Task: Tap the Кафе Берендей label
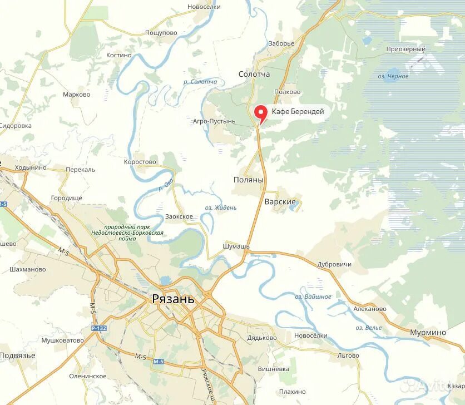[x=298, y=112]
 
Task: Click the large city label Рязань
[x=174, y=299]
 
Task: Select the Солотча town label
[x=254, y=74]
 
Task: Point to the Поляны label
[x=248, y=180]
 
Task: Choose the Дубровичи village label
[x=334, y=264]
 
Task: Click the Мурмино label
[x=428, y=332]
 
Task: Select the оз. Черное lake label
[x=393, y=76]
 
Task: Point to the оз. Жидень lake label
[x=221, y=208]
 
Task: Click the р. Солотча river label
[x=200, y=82]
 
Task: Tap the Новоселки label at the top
[x=204, y=7]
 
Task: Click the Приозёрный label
[x=406, y=49]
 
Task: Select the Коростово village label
[x=140, y=162]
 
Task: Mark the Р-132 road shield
[x=99, y=328]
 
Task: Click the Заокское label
[x=179, y=216]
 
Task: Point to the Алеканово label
[x=370, y=309]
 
